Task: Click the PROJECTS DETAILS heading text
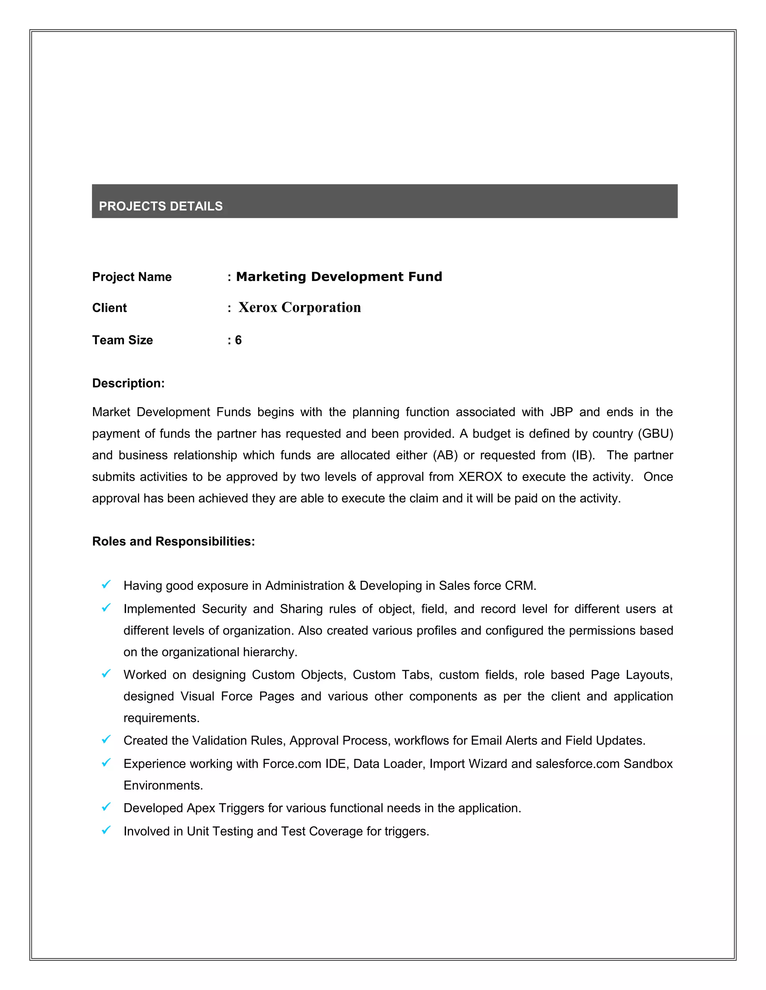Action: pyautogui.click(x=160, y=206)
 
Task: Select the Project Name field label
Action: pyautogui.click(x=132, y=276)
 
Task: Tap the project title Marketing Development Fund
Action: pyautogui.click(x=339, y=276)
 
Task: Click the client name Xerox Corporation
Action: pyautogui.click(x=300, y=307)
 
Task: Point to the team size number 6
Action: pyautogui.click(x=238, y=340)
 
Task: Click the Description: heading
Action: pyautogui.click(x=128, y=383)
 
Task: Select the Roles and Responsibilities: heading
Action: pyautogui.click(x=173, y=541)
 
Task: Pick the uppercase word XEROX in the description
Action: pyautogui.click(x=480, y=477)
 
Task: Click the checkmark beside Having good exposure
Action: pyautogui.click(x=106, y=585)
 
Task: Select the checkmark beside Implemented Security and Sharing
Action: pyautogui.click(x=106, y=608)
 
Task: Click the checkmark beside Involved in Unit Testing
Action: pyautogui.click(x=106, y=830)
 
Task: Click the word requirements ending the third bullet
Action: pyautogui.click(x=161, y=718)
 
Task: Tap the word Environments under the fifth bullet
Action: pyautogui.click(x=163, y=786)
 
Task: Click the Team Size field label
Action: pyautogui.click(x=123, y=340)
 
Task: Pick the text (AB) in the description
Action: pyautogui.click(x=445, y=455)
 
